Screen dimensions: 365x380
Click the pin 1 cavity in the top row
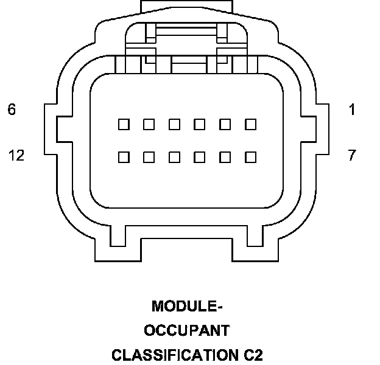pyautogui.click(x=250, y=124)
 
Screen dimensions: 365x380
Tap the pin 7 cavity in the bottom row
pyautogui.click(x=250, y=157)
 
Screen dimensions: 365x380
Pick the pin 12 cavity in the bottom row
pyautogui.click(x=124, y=157)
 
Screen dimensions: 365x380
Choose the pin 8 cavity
pyautogui.click(x=225, y=157)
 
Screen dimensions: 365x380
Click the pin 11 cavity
pyautogui.click(x=149, y=157)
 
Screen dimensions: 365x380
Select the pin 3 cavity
pyautogui.click(x=200, y=124)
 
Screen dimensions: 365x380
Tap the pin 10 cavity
pyautogui.click(x=174, y=157)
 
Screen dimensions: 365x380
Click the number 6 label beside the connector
pyautogui.click(x=12, y=110)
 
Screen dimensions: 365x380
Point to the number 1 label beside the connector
pyautogui.click(x=352, y=110)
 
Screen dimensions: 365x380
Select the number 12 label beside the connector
pyautogui.click(x=16, y=156)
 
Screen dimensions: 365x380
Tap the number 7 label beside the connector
pyautogui.click(x=352, y=156)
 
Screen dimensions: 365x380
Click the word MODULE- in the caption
pyautogui.click(x=187, y=306)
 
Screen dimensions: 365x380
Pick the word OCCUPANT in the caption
pyautogui.click(x=187, y=330)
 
